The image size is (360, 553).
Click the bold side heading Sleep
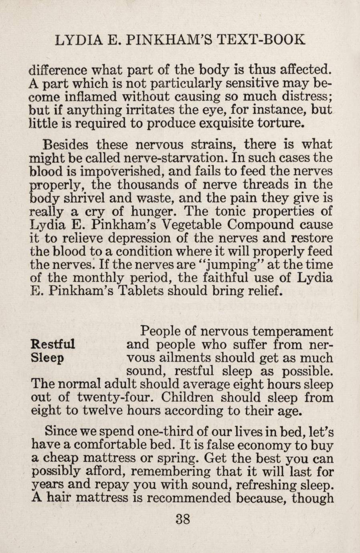tap(47, 357)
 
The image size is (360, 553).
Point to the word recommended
tap(184, 498)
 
